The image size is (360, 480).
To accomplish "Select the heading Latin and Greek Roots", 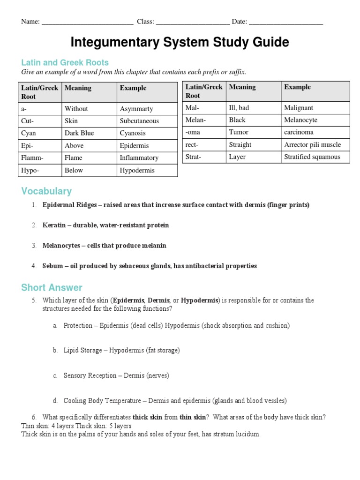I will point(65,62).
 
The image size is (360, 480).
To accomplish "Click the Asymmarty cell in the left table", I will point(136,109).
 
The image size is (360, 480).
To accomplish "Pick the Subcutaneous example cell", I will point(139,121).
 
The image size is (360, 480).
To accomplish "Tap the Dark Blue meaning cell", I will point(79,133).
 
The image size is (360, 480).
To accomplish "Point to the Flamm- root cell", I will point(32,158).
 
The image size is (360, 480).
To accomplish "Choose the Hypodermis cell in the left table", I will point(137,170).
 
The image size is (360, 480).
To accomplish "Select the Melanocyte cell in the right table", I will point(300,120).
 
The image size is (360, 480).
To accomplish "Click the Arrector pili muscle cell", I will point(312,145).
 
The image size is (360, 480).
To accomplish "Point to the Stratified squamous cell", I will point(312,157).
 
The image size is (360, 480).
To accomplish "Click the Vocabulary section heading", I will point(46,191).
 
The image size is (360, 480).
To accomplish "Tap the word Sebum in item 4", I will point(52,266).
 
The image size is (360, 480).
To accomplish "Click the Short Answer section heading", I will point(52,288).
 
